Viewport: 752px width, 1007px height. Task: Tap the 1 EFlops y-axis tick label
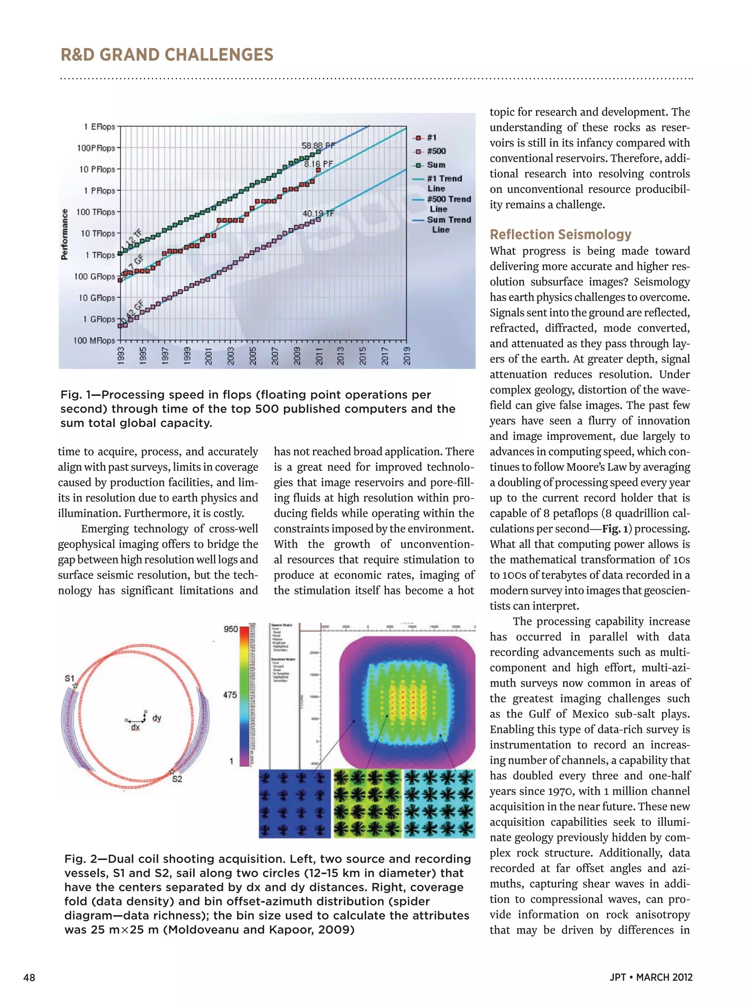point(100,126)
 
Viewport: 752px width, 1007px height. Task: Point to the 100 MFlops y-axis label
point(94,341)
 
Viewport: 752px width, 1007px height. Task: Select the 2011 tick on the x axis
point(319,356)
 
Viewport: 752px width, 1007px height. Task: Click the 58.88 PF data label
point(318,146)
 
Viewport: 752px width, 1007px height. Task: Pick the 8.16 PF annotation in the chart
point(318,164)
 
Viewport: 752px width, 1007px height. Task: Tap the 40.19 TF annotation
point(318,213)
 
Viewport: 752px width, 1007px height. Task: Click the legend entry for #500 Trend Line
point(448,204)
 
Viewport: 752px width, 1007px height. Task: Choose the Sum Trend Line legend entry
point(448,224)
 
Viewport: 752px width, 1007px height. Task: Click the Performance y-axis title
point(65,234)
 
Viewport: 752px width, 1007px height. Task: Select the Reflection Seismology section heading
point(560,234)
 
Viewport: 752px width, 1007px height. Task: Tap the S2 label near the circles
point(177,779)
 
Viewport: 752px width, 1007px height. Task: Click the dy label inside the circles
point(157,718)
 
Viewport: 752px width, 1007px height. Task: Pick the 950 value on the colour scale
point(231,629)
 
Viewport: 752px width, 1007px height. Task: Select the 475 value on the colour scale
point(230,695)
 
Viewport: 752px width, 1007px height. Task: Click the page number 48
point(29,977)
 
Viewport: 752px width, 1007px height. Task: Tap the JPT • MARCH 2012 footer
point(651,977)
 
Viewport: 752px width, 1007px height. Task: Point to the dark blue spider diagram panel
point(295,803)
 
